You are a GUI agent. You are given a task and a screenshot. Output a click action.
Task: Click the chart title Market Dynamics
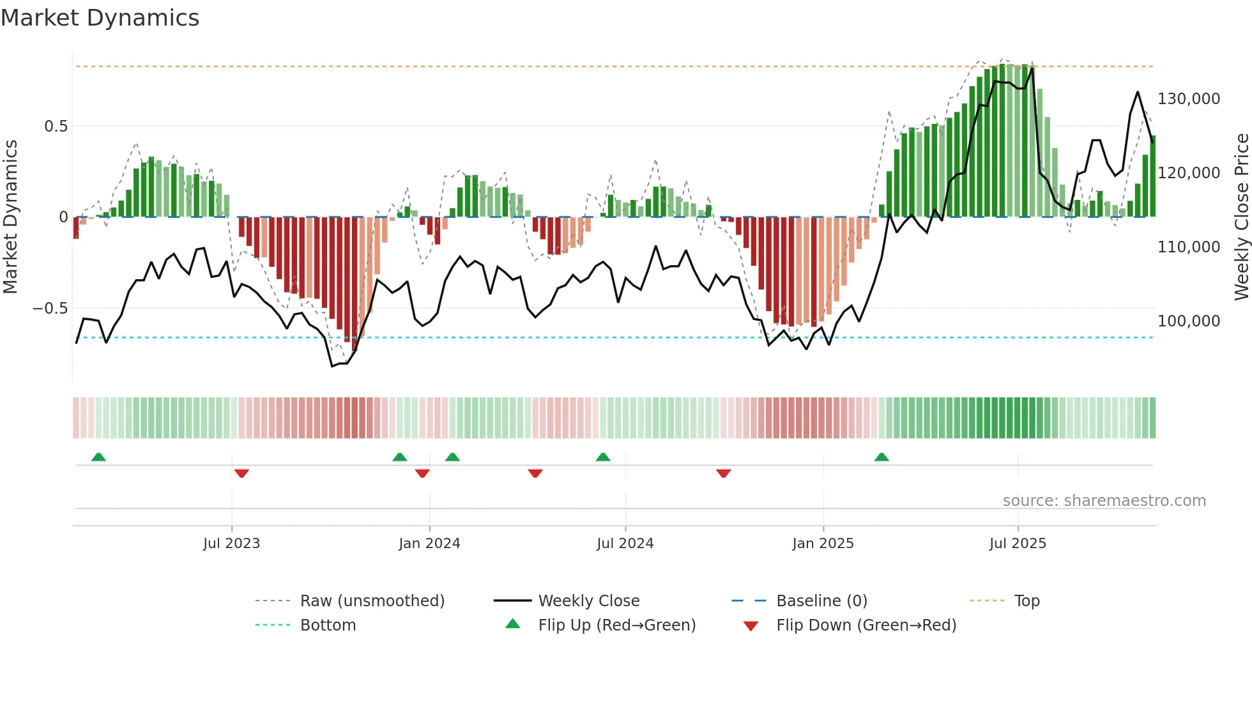[100, 18]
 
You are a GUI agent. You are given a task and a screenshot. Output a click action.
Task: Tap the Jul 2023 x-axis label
[231, 544]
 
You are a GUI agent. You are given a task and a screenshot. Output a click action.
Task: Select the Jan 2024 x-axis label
[429, 544]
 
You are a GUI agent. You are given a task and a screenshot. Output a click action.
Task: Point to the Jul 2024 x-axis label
[625, 544]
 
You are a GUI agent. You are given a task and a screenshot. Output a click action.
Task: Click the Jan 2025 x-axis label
[823, 544]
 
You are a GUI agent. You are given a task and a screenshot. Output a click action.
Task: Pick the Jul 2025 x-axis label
[1018, 544]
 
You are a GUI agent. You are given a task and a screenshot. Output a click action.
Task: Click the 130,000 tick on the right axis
[1188, 99]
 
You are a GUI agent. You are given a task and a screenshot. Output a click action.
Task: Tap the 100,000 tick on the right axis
[1188, 321]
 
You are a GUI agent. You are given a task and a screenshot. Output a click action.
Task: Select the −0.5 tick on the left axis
[50, 309]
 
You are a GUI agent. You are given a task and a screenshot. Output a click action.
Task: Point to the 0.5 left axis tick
[56, 126]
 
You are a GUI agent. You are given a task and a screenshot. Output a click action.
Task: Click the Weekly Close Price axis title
[1241, 217]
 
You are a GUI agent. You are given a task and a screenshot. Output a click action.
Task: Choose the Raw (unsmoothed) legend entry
[372, 601]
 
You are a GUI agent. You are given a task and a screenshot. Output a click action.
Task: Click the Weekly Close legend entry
[588, 601]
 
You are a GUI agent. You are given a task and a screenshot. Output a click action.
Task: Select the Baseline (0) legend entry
[821, 601]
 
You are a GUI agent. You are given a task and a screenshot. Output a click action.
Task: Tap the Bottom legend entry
[328, 625]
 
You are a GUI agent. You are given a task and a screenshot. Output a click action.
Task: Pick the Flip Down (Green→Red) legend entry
[866, 625]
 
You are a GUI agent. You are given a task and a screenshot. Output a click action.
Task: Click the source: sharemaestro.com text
[1104, 501]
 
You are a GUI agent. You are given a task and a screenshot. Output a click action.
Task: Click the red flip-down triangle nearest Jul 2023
[241, 473]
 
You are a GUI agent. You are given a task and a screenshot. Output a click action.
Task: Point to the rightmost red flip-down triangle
[723, 473]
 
